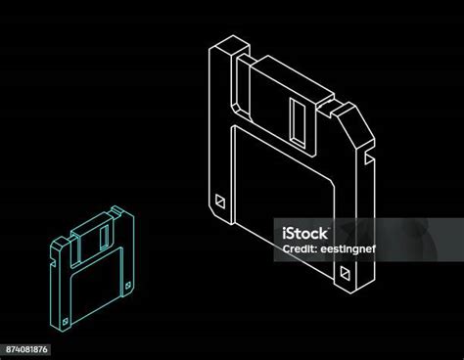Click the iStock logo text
click(x=304, y=234)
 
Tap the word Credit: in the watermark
click(x=301, y=249)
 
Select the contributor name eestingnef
click(x=348, y=249)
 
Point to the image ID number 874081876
click(x=26, y=349)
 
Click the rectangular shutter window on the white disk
click(x=298, y=120)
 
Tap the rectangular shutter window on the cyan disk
click(x=105, y=238)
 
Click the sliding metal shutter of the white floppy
click(x=283, y=106)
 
